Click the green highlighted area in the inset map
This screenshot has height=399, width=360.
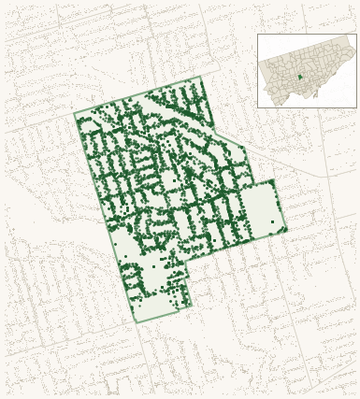tap(299, 77)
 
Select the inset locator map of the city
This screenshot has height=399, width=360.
tap(307, 71)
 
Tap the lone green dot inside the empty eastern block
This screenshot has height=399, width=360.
tap(273, 221)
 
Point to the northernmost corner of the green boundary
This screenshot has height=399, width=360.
tap(201, 77)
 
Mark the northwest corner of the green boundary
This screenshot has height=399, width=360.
tap(75, 115)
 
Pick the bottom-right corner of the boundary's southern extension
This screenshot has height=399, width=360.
tap(192, 306)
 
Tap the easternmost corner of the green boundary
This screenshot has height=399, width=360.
tap(287, 228)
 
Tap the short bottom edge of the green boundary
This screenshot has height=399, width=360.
tap(164, 314)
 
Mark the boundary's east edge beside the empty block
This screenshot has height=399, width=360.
tap(280, 206)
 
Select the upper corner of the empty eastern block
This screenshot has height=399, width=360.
tap(272, 181)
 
